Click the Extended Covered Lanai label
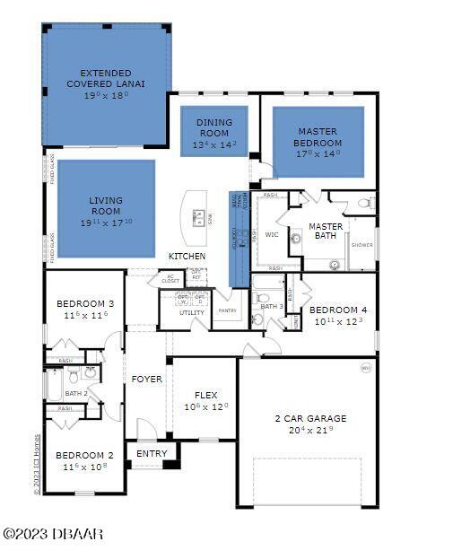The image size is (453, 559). coord(106,78)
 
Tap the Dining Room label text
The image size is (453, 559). coord(213,127)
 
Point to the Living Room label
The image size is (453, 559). coord(106,205)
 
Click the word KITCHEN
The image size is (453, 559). coord(187,257)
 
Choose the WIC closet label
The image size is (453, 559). coord(273,235)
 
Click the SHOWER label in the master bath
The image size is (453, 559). coord(362,244)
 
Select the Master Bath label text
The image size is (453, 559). coord(326,231)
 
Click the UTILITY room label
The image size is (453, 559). coord(192,312)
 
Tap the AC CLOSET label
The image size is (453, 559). coord(170,278)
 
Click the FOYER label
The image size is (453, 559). coord(147,380)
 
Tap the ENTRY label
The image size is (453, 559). coord(152,454)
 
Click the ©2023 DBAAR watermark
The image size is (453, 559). coord(54,534)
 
